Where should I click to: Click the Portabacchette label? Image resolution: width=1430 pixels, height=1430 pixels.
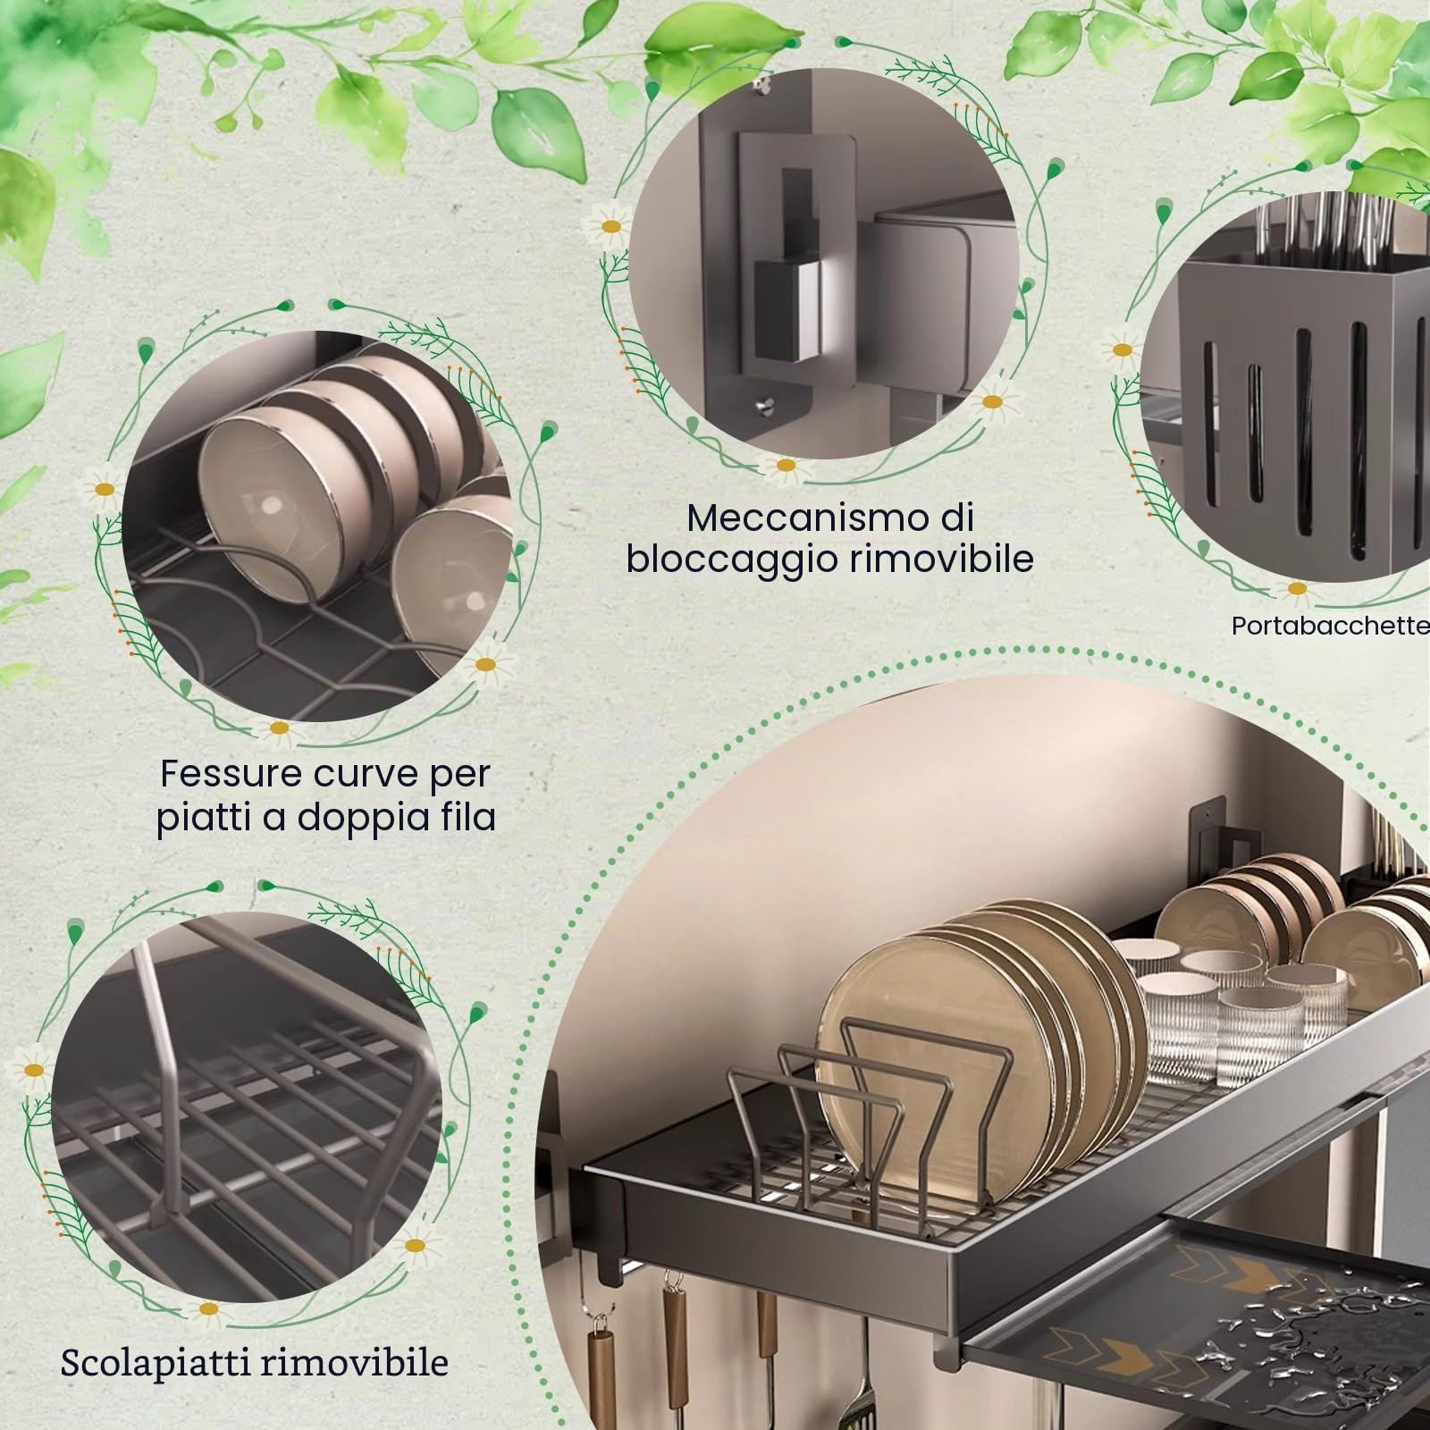1331,626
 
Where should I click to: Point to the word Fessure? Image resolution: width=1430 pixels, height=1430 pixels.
230,774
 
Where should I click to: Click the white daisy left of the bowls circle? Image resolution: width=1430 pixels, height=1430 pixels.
105,488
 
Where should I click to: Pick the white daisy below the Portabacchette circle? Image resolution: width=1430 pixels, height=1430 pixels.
1295,590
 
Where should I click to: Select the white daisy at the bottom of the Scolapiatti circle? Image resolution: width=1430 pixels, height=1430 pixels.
208,1308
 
